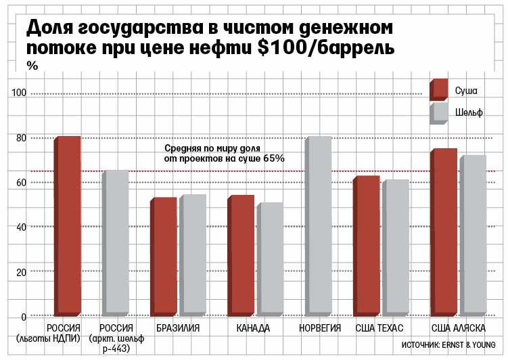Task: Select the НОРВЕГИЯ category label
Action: tap(319, 328)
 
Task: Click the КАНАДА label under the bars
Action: tap(254, 328)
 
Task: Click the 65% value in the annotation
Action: tap(275, 158)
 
